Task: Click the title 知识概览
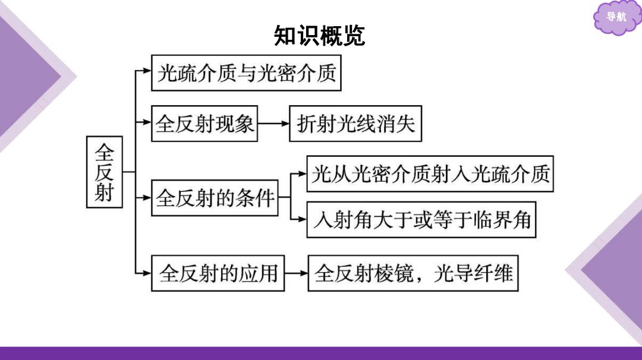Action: [319, 36]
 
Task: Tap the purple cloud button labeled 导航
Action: [616, 17]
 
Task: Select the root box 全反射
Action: [105, 172]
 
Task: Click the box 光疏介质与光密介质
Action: [246, 73]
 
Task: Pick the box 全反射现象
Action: [204, 124]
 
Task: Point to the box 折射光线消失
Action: [355, 124]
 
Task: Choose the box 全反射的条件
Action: [215, 198]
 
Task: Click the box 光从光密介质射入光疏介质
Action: [430, 174]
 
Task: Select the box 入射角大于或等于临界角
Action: [421, 220]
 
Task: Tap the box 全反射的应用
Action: [218, 273]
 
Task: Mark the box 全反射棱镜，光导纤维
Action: [413, 273]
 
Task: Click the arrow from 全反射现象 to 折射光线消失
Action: [273, 124]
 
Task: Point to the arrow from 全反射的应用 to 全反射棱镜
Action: [296, 273]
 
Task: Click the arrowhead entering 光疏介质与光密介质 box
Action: [147, 71]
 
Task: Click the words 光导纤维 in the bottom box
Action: [473, 273]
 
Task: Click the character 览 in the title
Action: [354, 36]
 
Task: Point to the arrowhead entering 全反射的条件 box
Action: [147, 198]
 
